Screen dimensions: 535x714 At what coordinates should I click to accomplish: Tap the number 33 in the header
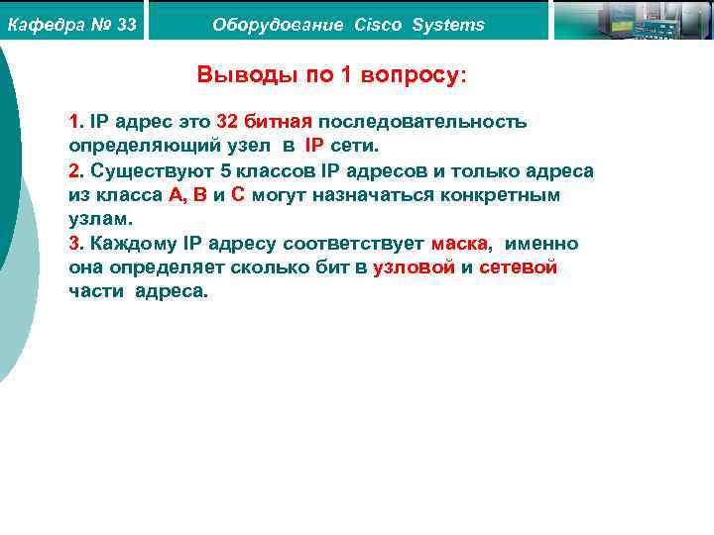point(126,24)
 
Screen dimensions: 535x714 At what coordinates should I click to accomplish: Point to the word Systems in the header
point(448,24)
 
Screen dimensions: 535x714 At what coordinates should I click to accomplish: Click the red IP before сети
point(314,147)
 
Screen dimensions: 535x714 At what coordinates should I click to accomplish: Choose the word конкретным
point(501,195)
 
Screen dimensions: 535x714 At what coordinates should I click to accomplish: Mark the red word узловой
point(414,267)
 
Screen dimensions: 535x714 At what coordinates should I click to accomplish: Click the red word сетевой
point(518,267)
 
